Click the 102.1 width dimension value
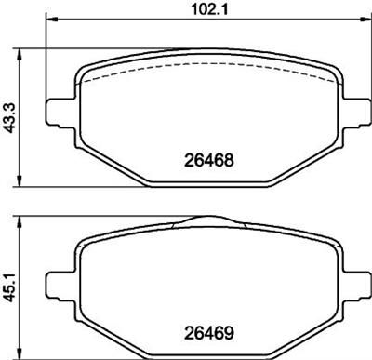click(210, 10)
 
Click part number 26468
click(208, 160)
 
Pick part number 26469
click(208, 333)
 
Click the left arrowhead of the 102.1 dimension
click(52, 20)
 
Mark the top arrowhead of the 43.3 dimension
click(20, 54)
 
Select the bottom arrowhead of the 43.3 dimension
click(20, 181)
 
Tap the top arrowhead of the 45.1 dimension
click(20, 222)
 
